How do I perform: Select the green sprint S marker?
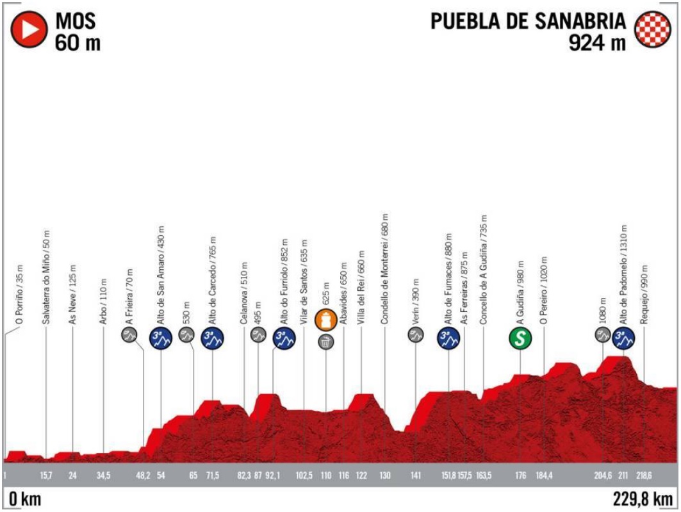[521, 338]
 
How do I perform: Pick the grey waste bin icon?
[325, 342]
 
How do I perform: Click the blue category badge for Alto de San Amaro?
[160, 338]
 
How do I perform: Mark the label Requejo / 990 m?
[644, 293]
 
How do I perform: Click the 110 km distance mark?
[325, 475]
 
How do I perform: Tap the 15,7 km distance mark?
[45, 475]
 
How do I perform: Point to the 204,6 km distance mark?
[603, 475]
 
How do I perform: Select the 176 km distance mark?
[520, 475]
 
